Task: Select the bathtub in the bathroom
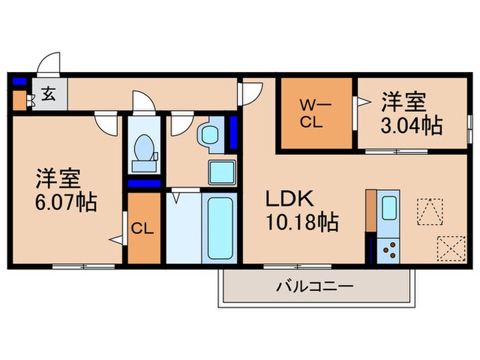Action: pyautogui.click(x=220, y=228)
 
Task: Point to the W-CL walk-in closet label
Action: pyautogui.click(x=314, y=114)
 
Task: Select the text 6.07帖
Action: pyautogui.click(x=67, y=203)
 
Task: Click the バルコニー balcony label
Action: pyautogui.click(x=315, y=285)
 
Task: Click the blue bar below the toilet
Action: pyautogui.click(x=144, y=184)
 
